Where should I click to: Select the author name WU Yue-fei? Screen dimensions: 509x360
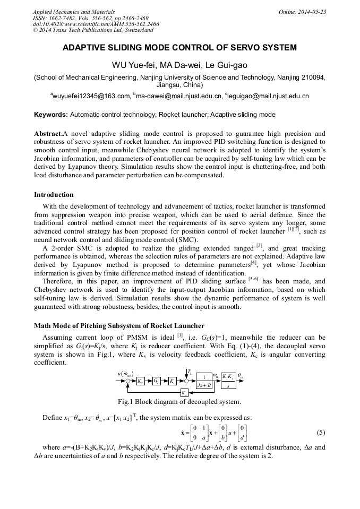tap(131, 65)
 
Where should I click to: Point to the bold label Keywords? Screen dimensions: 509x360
tap(51, 114)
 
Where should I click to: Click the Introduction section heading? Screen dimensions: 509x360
tap(54, 195)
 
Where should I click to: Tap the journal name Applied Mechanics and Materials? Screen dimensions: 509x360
tap(74, 11)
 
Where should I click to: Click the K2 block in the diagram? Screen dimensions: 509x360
tap(140, 381)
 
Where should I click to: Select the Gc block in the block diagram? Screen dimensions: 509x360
tap(157, 381)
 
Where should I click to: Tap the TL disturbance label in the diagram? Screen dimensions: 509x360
tap(190, 370)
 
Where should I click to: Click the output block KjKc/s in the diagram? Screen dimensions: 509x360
tap(228, 381)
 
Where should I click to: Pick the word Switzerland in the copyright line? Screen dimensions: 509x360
tap(135, 30)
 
